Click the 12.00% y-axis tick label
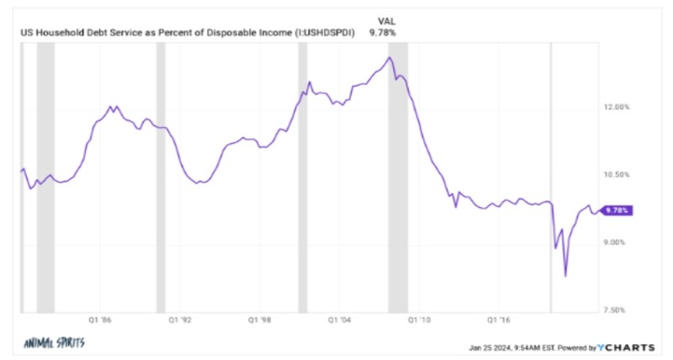pyautogui.click(x=618, y=107)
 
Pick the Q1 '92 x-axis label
pyautogui.click(x=181, y=320)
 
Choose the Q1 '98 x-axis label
pyautogui.click(x=262, y=320)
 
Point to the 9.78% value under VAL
pyautogui.click(x=383, y=32)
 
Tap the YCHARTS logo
pyautogui.click(x=628, y=346)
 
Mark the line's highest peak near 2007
pyautogui.click(x=389, y=57)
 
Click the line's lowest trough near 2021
pyautogui.click(x=565, y=276)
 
